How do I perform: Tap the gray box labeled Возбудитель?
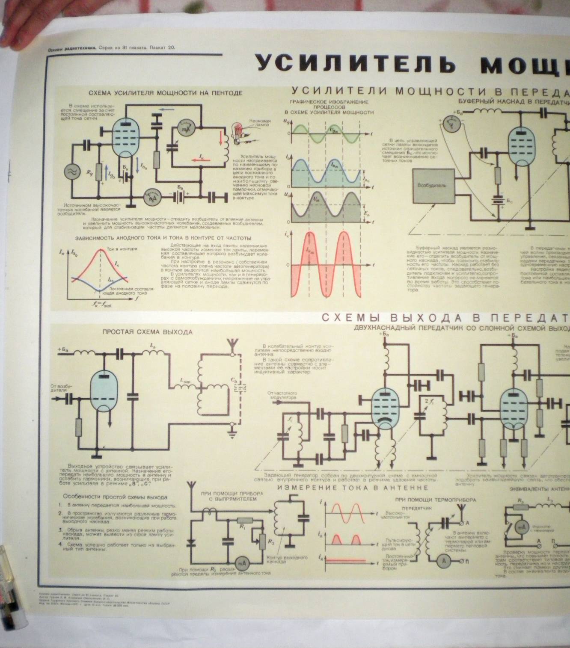click(x=433, y=185)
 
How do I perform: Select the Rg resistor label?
click(x=89, y=172)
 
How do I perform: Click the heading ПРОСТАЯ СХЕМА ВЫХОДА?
click(x=147, y=332)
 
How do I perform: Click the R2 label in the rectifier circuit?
click(x=270, y=542)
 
